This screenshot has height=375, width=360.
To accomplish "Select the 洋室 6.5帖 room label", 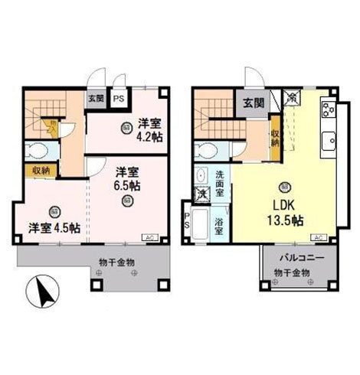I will coord(128,178).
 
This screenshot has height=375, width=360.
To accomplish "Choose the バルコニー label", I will coord(296,258).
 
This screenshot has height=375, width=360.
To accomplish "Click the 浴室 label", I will coord(218,227).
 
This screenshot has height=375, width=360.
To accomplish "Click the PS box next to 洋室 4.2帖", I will coord(119,99).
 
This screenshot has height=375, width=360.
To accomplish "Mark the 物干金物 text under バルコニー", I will coord(293,272).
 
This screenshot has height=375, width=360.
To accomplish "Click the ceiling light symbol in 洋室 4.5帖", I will coord(52,211).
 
